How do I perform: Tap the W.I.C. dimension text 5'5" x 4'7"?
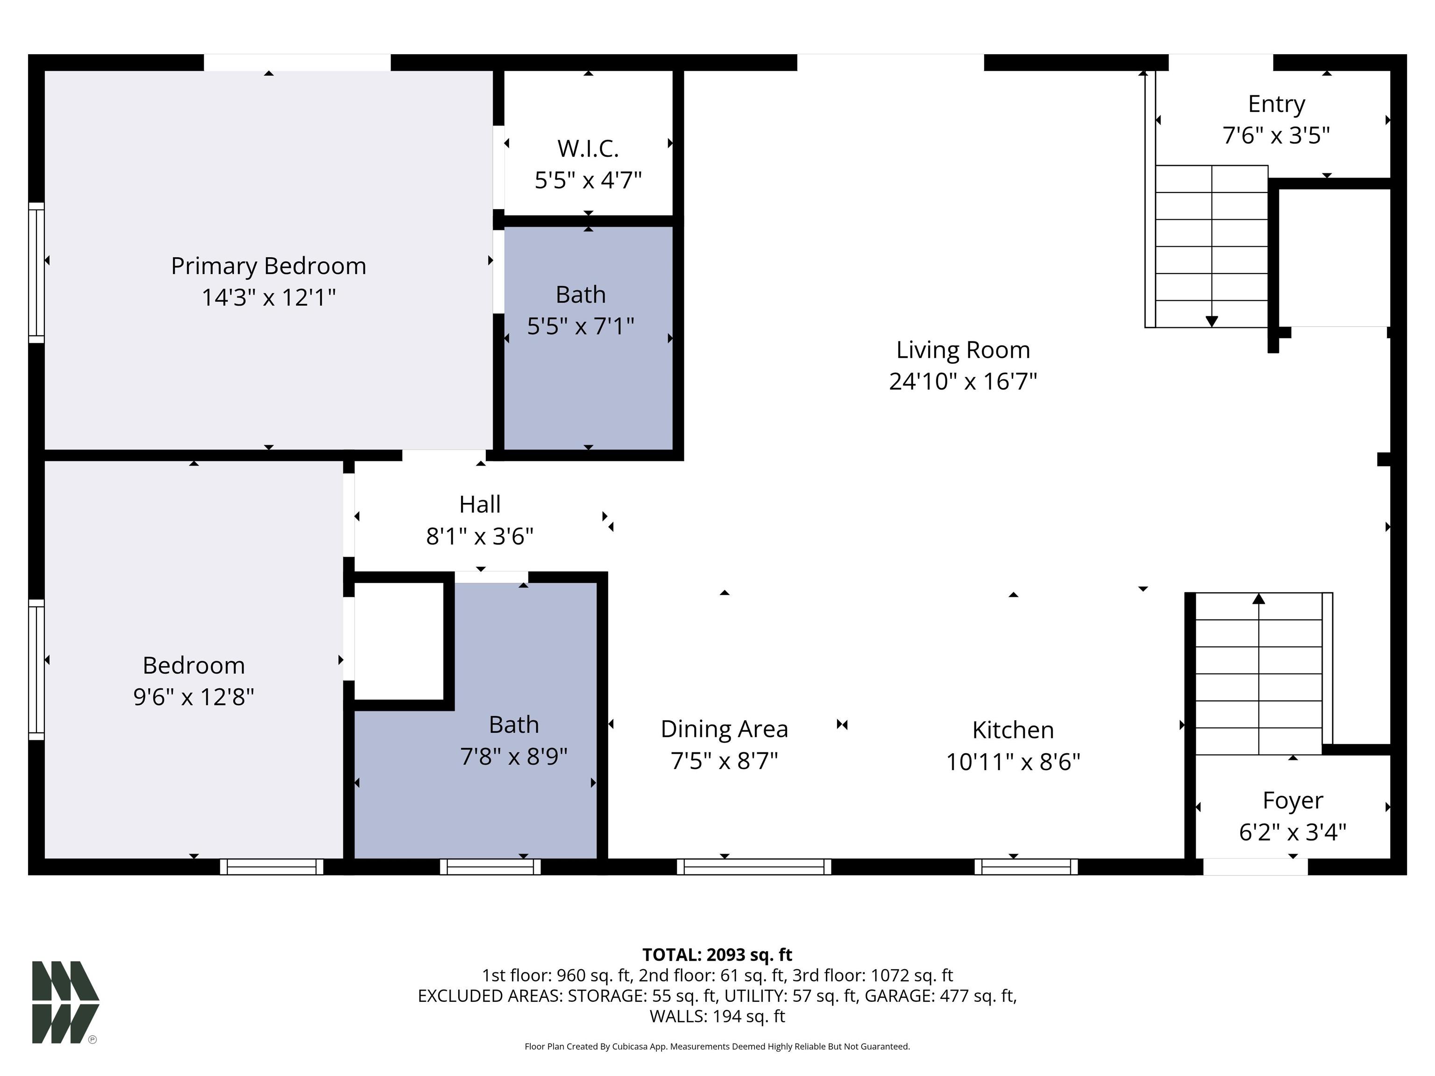pos(588,180)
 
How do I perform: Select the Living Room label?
pos(963,350)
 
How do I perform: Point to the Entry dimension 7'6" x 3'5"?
pos(1276,135)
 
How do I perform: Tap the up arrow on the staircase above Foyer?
pos(1258,599)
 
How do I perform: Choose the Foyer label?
pos(1292,800)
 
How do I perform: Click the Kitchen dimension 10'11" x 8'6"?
pos(1013,761)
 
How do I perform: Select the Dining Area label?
pos(724,729)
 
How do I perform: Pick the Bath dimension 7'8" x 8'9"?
pos(513,756)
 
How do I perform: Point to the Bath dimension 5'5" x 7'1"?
pos(580,326)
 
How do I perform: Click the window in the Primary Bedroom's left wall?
pos(36,272)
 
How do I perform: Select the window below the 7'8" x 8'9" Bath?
pos(490,866)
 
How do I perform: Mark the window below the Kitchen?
pos(1026,866)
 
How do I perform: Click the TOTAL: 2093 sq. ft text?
pos(717,955)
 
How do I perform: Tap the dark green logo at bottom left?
pos(65,1002)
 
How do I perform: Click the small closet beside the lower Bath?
pos(399,641)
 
